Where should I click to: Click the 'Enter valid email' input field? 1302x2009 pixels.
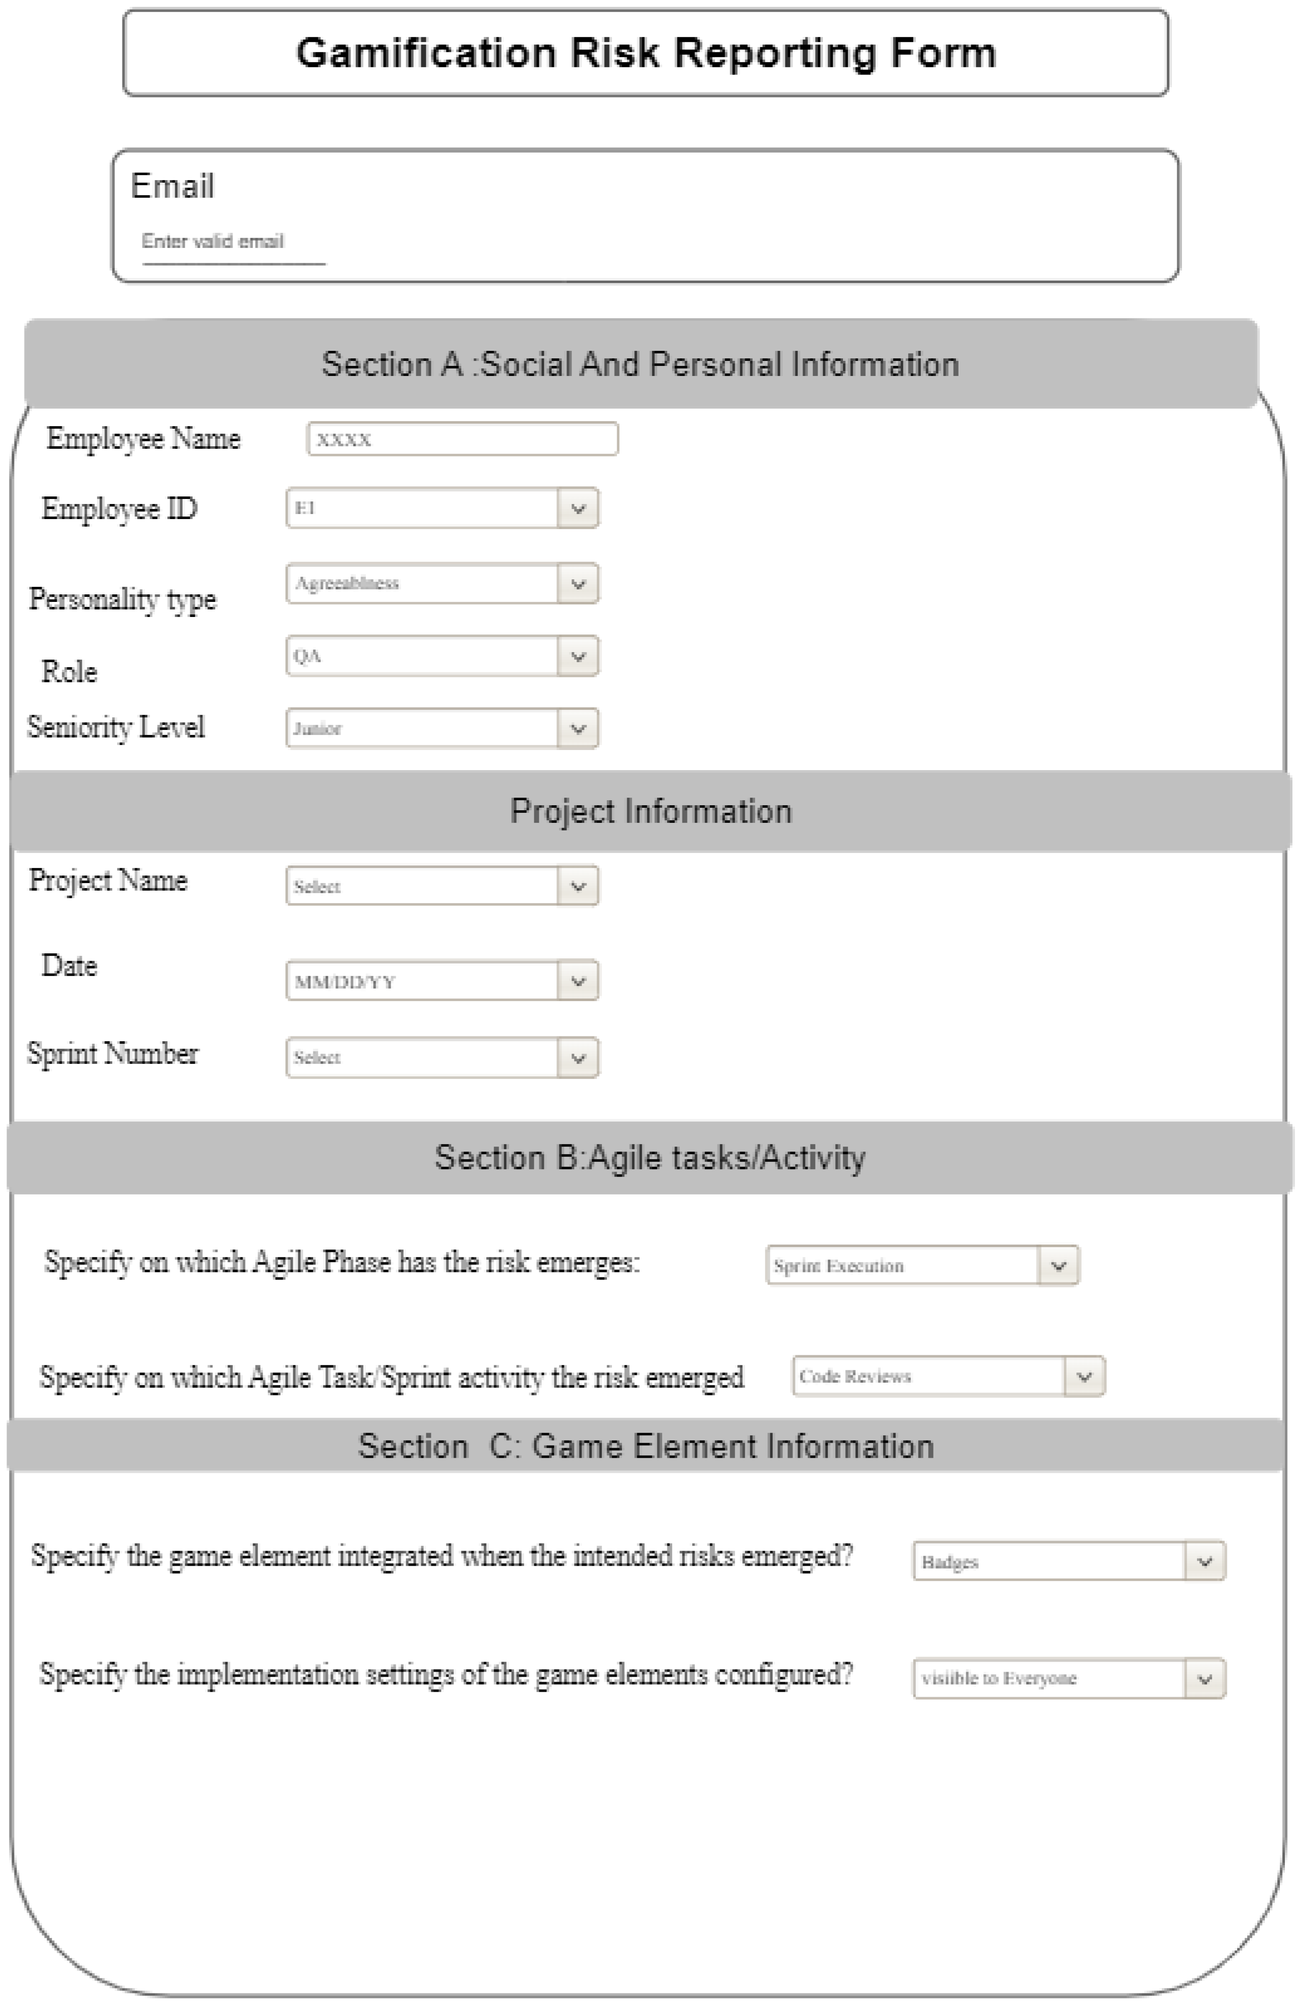(233, 242)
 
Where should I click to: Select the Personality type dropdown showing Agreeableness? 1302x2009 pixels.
(422, 583)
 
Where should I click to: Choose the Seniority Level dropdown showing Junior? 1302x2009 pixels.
(422, 728)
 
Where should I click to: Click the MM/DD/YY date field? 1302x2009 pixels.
(422, 981)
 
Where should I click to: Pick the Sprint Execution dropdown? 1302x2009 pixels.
(903, 1266)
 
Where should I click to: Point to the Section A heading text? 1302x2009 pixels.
(640, 364)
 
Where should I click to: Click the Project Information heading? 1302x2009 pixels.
(651, 811)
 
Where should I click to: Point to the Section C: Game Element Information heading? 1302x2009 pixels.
(646, 1446)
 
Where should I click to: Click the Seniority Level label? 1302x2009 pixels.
(115, 727)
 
